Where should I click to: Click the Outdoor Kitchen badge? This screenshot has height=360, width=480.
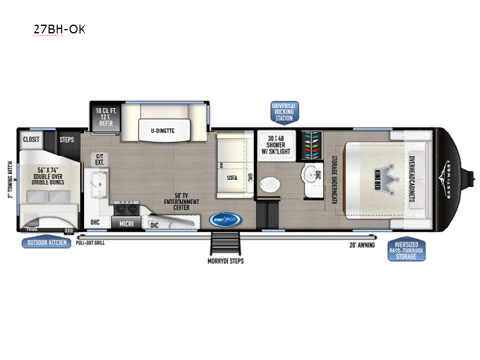[50, 242]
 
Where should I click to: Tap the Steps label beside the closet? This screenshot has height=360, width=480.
[67, 139]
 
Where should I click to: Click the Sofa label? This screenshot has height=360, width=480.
[232, 177]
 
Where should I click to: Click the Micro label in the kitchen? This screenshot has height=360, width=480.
[127, 223]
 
